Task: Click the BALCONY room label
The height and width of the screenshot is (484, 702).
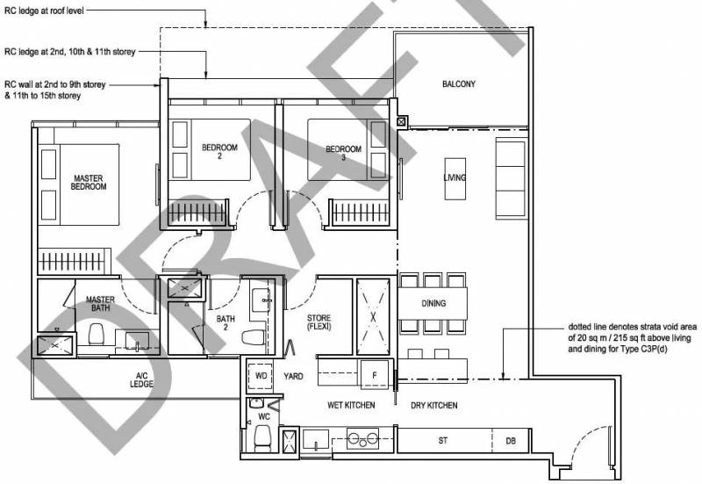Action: [458, 83]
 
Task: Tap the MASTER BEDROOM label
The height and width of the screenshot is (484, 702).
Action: [89, 183]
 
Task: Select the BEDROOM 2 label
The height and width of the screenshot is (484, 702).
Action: [219, 151]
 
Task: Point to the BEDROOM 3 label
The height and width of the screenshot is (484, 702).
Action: [343, 153]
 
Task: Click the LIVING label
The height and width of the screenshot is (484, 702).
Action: [455, 177]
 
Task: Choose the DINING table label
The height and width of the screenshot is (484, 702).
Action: [433, 303]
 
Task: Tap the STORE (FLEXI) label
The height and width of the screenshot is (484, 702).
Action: [319, 322]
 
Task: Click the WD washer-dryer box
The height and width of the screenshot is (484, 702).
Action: [261, 376]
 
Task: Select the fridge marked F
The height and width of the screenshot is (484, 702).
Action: [375, 375]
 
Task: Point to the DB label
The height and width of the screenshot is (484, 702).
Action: [511, 441]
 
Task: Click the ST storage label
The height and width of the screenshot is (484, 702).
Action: [443, 441]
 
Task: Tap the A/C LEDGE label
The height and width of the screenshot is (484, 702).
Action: [141, 379]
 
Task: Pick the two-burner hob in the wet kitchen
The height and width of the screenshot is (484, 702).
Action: [362, 438]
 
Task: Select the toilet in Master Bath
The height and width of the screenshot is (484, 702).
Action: [96, 335]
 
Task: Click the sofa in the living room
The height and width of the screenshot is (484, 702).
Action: [511, 178]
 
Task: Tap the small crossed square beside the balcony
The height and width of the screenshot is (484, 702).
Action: [402, 121]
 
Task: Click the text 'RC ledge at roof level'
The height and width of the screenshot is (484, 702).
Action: [44, 11]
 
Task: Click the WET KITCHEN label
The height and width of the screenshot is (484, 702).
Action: [351, 405]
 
